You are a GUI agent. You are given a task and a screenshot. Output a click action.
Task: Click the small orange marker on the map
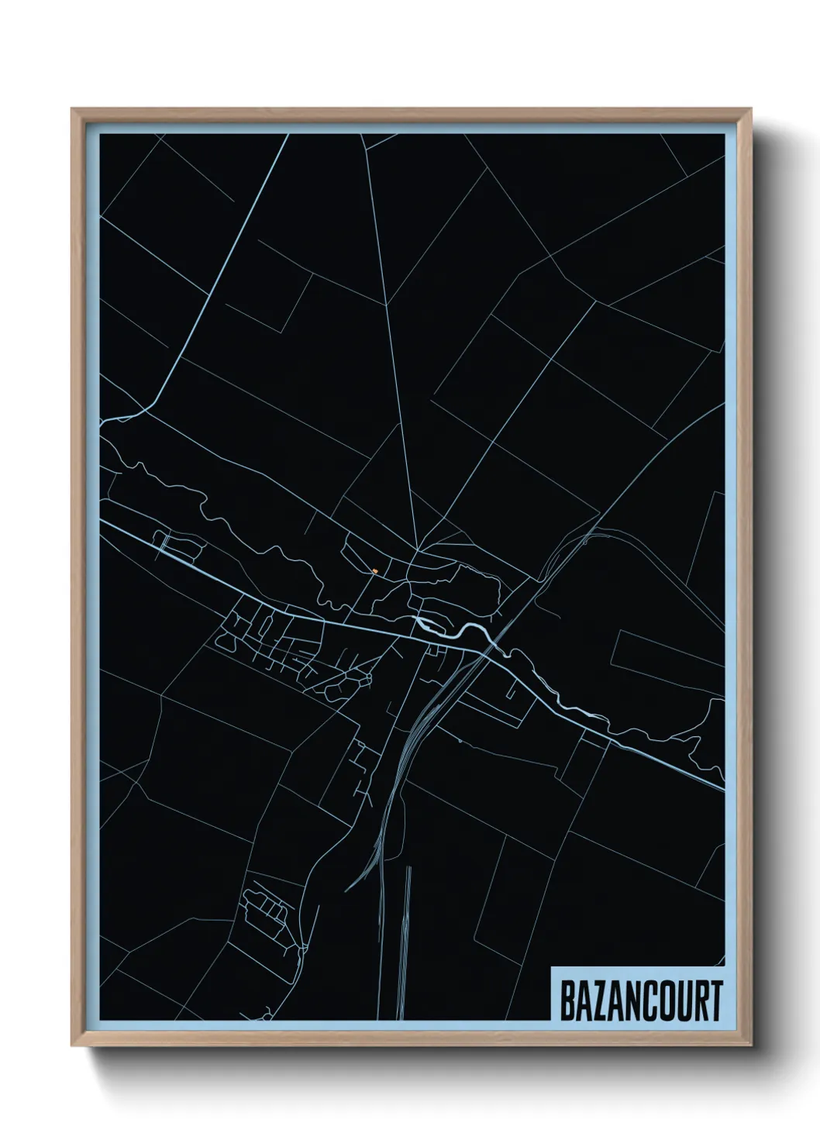pyautogui.click(x=375, y=571)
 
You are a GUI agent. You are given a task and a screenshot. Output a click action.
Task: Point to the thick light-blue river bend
pyautogui.click(x=457, y=629)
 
